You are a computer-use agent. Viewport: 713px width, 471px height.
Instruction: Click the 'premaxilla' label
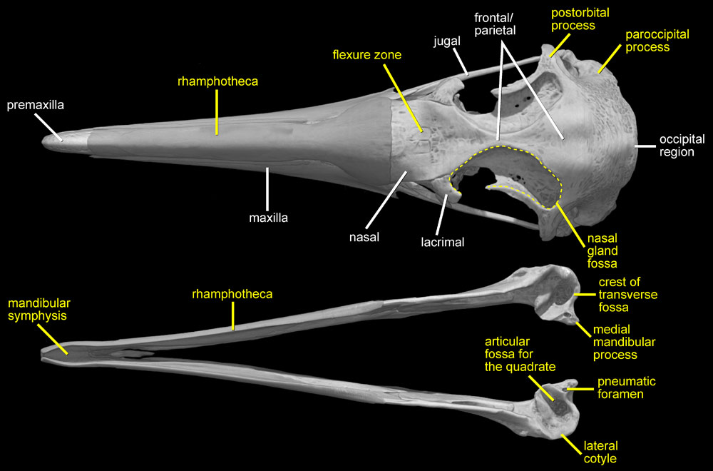click(x=36, y=105)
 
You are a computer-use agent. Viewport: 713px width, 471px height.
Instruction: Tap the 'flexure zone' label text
click(x=367, y=55)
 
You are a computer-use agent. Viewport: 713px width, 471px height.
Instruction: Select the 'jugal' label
click(x=447, y=41)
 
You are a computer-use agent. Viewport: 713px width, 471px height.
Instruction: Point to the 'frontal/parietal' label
click(x=495, y=24)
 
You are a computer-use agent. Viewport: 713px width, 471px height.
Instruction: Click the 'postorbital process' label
click(x=580, y=19)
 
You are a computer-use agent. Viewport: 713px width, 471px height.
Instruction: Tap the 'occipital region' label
click(x=682, y=146)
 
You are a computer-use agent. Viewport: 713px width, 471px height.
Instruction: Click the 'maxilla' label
click(x=268, y=218)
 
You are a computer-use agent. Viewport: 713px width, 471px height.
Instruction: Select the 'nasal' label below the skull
click(x=364, y=237)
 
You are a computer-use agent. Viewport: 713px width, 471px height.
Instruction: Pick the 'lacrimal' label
click(x=443, y=242)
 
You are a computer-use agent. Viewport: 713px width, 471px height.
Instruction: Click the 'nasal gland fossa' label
click(x=602, y=250)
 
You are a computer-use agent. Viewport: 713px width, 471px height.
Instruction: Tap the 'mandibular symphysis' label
click(x=39, y=310)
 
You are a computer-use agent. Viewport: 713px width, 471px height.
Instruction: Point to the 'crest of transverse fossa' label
click(x=628, y=295)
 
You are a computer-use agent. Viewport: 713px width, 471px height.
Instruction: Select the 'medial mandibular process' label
click(x=624, y=343)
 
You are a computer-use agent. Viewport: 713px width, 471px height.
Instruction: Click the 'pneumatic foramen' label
click(x=627, y=388)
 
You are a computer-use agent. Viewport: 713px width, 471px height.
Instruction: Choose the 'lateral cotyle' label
click(x=600, y=452)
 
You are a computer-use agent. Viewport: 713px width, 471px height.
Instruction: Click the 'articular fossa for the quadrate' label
click(x=520, y=355)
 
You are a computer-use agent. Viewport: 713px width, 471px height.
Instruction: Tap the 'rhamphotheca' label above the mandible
click(x=232, y=295)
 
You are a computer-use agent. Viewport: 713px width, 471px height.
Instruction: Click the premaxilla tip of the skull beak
click(x=43, y=140)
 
